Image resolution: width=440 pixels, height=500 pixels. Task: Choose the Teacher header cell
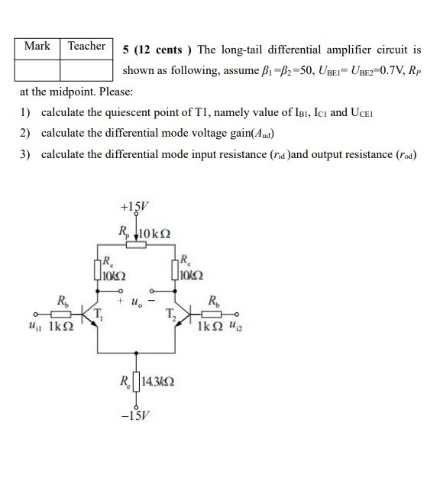[86, 46]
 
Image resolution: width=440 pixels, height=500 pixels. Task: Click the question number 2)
[24, 133]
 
